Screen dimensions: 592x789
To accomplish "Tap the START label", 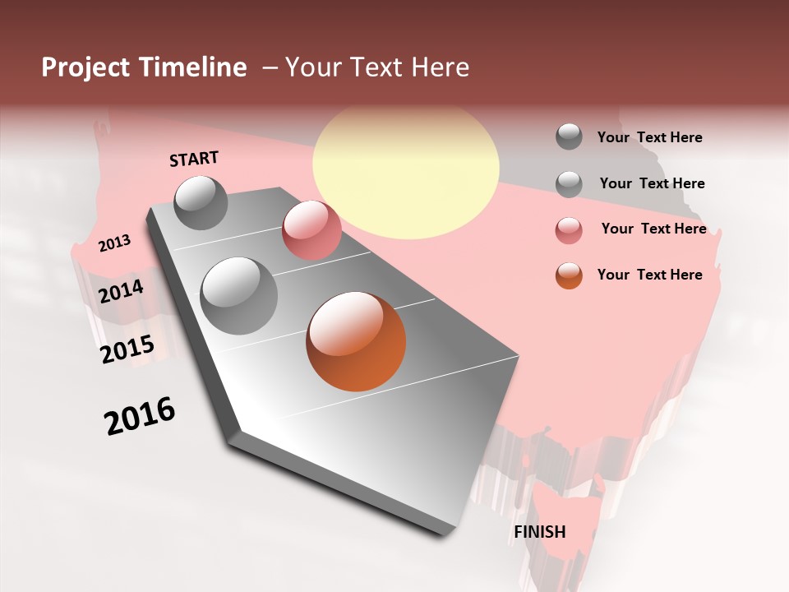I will pos(194,159).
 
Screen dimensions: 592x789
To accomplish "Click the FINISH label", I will pos(540,532).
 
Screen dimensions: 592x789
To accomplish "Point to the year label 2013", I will pos(114,243).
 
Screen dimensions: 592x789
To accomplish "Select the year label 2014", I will pos(121,291).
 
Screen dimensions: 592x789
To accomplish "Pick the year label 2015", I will pos(127,349).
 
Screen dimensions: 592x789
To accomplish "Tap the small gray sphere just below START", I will pos(201,202).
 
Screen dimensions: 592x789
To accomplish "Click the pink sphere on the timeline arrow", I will pos(311,230).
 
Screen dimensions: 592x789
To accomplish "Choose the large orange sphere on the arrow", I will pos(356,341).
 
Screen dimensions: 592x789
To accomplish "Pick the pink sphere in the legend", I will pos(569,230).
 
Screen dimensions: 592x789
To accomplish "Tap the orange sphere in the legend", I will pos(569,275).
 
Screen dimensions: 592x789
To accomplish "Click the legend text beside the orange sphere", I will pos(649,275).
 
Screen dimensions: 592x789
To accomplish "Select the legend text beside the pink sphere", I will pos(653,229).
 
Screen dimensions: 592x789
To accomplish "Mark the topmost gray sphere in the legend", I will pos(569,136).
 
